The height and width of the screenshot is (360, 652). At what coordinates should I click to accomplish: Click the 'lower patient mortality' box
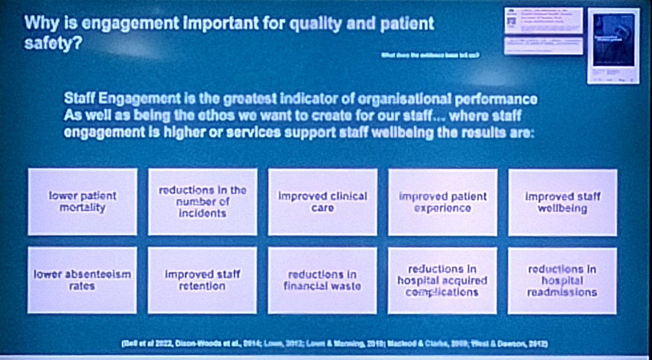point(83,201)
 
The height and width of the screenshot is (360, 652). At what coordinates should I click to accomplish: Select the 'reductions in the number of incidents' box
point(203,201)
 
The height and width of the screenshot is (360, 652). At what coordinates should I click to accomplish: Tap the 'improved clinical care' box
point(323,201)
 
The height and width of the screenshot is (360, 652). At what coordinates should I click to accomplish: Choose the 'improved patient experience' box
point(442,201)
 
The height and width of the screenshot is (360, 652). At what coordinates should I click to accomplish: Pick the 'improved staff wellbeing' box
point(562,201)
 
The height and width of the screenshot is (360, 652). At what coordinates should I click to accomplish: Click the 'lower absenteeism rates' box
point(82,280)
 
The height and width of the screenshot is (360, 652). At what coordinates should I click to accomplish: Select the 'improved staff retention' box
point(202,280)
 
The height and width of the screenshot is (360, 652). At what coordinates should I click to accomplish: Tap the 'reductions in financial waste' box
point(322,280)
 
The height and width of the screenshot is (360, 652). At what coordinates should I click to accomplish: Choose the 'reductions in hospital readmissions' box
point(562,280)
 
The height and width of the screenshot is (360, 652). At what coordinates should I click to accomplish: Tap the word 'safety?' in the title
point(53,44)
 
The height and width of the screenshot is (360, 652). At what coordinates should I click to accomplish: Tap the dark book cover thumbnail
point(613,41)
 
